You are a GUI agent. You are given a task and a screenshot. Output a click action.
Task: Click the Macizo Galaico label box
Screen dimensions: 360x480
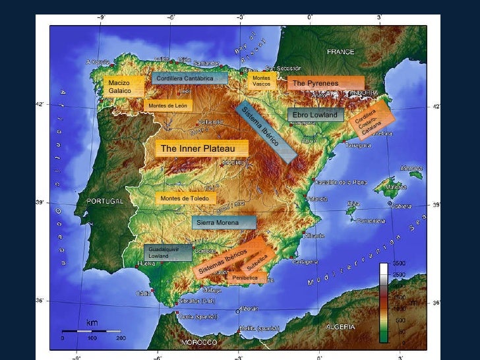tap(123, 87)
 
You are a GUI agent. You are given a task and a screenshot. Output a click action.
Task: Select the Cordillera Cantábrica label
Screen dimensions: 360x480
tap(189, 78)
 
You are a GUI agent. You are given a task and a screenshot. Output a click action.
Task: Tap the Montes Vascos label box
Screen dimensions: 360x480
tap(262, 80)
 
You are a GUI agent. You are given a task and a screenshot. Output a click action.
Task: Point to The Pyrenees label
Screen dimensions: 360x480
tap(326, 84)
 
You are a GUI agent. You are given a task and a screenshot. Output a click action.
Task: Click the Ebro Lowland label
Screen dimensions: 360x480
tap(316, 115)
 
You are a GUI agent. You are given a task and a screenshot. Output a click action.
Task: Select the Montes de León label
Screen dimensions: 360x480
tap(168, 105)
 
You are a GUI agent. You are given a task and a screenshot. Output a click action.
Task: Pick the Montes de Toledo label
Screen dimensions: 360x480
tap(185, 198)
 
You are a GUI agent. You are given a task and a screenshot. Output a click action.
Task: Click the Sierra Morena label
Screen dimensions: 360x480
tap(224, 223)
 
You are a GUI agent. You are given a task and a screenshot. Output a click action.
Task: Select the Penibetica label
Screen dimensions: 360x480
tap(245, 278)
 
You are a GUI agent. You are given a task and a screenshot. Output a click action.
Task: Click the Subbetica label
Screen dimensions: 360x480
tap(256, 262)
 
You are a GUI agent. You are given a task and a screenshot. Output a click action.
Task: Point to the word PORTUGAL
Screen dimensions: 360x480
tap(106, 201)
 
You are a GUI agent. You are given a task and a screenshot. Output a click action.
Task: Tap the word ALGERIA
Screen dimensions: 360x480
tap(341, 326)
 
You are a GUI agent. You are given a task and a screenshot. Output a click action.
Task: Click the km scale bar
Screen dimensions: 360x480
tap(92, 331)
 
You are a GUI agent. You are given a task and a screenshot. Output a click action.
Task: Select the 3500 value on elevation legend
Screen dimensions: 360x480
tap(399, 263)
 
